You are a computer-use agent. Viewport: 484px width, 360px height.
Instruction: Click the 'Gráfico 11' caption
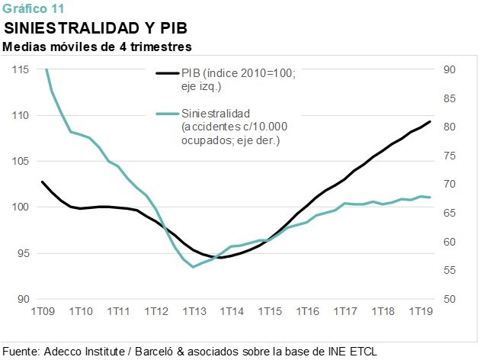34,8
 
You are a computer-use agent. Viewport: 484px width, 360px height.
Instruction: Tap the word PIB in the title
174,28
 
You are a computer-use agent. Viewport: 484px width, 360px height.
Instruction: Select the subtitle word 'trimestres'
161,47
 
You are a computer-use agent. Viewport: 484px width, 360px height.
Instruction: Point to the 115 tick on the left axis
21,69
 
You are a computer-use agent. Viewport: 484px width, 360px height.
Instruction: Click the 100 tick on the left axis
21,207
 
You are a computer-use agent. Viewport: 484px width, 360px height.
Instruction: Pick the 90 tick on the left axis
24,299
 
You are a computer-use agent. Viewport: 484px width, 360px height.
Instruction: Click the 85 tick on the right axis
450,98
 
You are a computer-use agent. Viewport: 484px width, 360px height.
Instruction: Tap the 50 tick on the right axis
450,299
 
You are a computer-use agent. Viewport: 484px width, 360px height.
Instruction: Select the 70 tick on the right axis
450,184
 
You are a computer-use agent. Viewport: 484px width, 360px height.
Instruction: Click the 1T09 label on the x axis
43,311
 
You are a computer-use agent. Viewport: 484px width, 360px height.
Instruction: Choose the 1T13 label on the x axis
194,311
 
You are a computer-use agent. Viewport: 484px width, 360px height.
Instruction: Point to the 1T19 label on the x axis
421,311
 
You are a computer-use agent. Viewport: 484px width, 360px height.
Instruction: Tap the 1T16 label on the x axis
307,311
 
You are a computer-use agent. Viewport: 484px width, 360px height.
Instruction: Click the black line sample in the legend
168,73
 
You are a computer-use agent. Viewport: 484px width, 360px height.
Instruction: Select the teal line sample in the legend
168,114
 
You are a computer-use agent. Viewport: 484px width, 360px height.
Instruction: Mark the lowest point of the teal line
194,267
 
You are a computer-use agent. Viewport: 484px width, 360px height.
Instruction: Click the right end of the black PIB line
430,121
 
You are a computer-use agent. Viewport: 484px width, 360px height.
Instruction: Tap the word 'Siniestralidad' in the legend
216,114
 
